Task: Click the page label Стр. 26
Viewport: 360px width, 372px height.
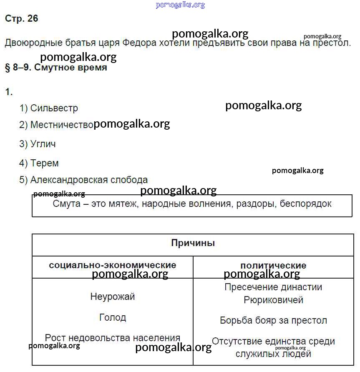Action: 21,19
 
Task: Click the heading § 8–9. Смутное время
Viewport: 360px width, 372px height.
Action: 56,68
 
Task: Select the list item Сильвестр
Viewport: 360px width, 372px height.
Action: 54,108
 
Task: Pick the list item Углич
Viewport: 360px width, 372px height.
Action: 43,144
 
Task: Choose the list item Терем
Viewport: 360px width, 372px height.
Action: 44,163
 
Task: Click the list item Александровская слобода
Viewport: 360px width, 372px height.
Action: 89,180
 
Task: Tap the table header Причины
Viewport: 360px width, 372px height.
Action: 193,243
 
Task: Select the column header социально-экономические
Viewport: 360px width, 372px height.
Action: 113,265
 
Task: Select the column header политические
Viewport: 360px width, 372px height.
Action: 273,266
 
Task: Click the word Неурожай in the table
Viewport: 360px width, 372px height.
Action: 113,297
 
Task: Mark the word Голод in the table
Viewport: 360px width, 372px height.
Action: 113,318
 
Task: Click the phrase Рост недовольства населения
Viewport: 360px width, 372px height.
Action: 113,338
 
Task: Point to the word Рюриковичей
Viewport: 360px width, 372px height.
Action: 273,300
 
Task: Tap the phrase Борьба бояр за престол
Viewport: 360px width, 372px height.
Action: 273,321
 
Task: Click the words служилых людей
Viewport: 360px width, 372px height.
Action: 273,354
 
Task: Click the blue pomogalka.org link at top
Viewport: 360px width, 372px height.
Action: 180,5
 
